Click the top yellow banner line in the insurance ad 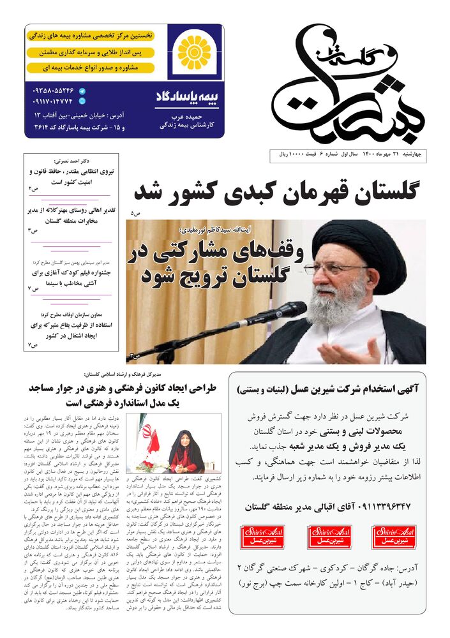point(91,36)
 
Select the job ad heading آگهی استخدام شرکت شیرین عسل point(327,387)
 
